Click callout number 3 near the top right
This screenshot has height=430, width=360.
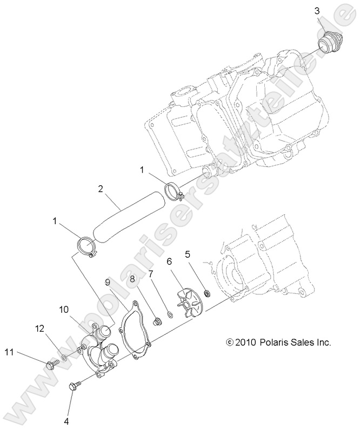[x=318, y=11]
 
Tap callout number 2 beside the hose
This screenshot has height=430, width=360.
[x=100, y=190]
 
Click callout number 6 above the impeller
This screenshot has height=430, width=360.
[x=169, y=261]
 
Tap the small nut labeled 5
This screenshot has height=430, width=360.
[x=206, y=294]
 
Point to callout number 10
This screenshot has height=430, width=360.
[x=64, y=309]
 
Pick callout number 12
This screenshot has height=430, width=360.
[x=40, y=328]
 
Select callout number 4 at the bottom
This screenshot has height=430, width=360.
[x=67, y=421]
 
